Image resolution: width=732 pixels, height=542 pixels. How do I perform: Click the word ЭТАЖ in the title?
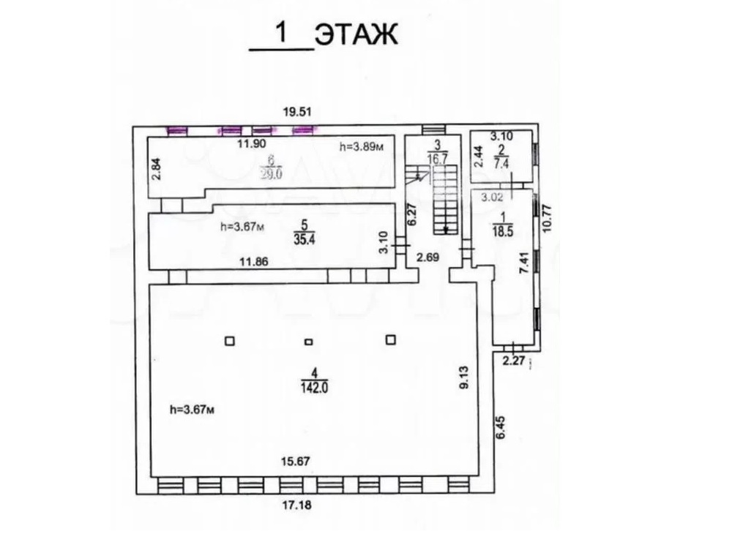point(356,35)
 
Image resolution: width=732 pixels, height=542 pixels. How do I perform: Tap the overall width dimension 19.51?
point(297,112)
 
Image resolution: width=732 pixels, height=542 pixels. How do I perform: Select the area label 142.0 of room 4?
point(315,387)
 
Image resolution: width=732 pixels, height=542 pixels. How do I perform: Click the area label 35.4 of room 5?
point(304,240)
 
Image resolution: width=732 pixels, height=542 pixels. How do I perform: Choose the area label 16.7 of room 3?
point(438,158)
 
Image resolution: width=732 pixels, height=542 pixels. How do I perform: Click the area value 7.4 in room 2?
point(501,163)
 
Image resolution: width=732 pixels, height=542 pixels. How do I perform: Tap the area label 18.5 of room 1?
point(502,231)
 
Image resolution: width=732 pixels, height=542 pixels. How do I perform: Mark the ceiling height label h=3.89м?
point(362,148)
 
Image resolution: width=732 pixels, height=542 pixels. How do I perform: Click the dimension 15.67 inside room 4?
point(296,462)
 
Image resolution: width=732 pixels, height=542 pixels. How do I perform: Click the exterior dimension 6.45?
point(501,427)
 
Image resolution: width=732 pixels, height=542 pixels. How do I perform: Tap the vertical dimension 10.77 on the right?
point(548,219)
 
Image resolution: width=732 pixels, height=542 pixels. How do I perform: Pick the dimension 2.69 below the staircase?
point(427,257)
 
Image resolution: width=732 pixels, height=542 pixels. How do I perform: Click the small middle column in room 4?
point(308,342)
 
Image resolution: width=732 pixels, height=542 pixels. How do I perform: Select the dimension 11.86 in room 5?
point(254,262)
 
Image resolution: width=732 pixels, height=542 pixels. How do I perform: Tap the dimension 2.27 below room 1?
point(515,361)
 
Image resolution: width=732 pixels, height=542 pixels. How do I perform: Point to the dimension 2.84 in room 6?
point(158,169)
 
